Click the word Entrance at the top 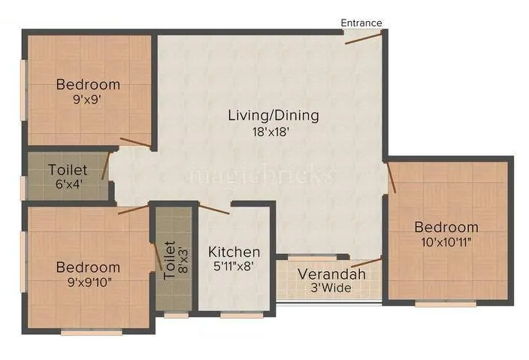(361, 23)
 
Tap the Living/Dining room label (274, 116)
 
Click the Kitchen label (234, 252)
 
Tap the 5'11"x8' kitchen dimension (234, 266)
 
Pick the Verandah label (331, 274)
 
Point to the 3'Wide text (331, 289)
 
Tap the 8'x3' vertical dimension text (181, 260)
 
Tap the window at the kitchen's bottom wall (241, 316)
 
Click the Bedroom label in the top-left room (88, 83)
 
